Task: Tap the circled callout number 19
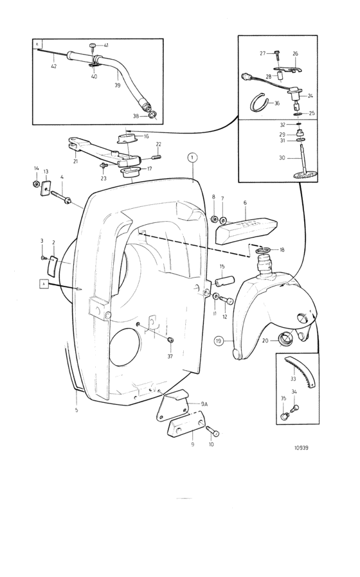click(219, 341)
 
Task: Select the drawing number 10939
click(301, 448)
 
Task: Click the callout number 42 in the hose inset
click(54, 66)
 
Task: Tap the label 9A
click(204, 404)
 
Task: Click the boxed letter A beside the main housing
click(44, 284)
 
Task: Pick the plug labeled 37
click(170, 339)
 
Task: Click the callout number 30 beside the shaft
click(282, 157)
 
